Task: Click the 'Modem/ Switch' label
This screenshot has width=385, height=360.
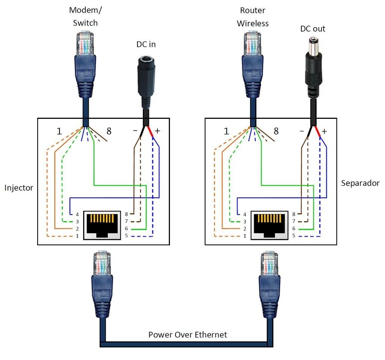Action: click(x=85, y=17)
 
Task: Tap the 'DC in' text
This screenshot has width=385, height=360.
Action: click(x=146, y=44)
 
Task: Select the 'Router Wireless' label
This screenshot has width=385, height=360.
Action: click(x=252, y=17)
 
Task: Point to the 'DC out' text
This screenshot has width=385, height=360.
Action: click(x=312, y=29)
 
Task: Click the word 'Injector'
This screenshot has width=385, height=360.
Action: click(x=19, y=187)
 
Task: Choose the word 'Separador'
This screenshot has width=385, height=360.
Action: click(x=360, y=183)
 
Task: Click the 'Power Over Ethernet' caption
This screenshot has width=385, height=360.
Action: click(x=188, y=334)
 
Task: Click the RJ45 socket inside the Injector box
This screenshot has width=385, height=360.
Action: click(x=101, y=225)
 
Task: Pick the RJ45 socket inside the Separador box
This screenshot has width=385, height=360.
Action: click(x=269, y=225)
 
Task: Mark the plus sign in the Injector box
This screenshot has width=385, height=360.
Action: click(x=157, y=131)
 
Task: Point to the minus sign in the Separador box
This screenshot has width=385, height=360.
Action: click(x=302, y=131)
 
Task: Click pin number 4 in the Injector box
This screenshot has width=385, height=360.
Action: click(x=77, y=214)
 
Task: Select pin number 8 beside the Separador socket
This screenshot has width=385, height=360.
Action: click(x=294, y=214)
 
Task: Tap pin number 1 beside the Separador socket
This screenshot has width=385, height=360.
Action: click(x=245, y=236)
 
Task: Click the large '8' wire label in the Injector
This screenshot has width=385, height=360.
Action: click(x=109, y=131)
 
